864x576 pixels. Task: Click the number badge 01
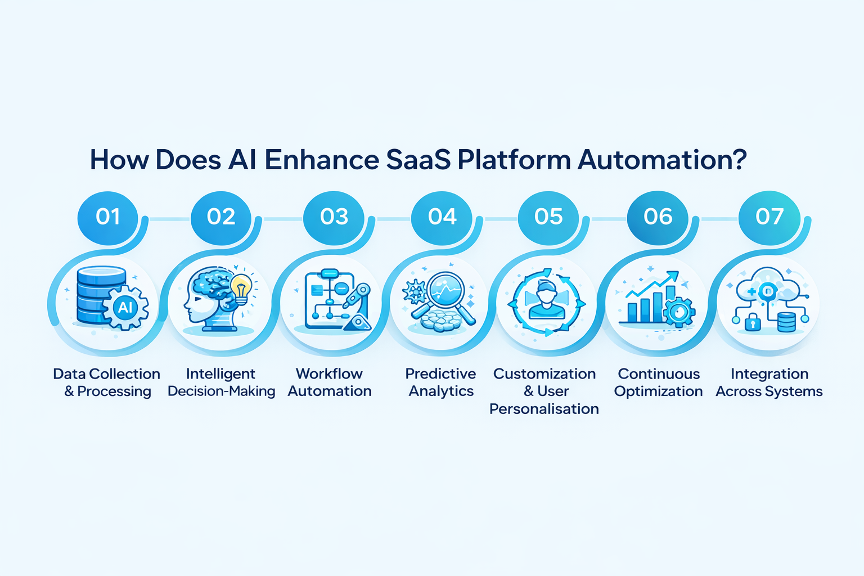(107, 217)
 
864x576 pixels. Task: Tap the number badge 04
(442, 217)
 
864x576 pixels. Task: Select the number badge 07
(769, 217)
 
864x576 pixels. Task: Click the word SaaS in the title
(418, 160)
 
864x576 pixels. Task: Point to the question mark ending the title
(740, 160)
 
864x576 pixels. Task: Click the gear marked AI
(125, 307)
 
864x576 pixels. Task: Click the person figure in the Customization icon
(546, 303)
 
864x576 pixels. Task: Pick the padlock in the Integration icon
(753, 323)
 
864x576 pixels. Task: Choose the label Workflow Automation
(330, 382)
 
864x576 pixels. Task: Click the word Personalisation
(544, 409)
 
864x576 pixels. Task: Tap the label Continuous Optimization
(658, 382)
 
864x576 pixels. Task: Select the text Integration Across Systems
(769, 382)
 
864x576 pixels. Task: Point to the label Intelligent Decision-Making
(221, 382)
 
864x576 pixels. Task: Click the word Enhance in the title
(322, 160)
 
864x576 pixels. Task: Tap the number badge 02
(220, 217)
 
